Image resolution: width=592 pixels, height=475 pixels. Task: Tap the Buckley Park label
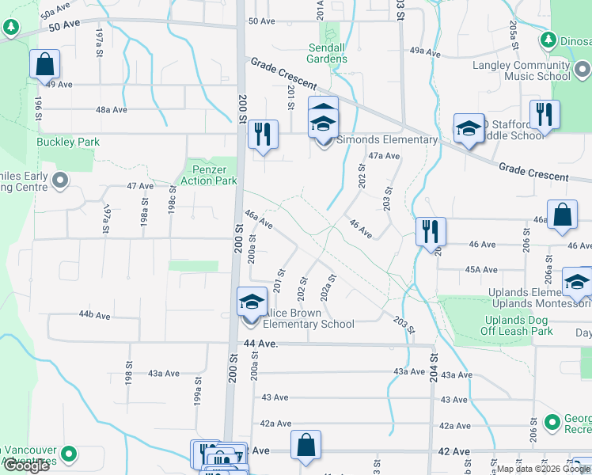[x=56, y=142]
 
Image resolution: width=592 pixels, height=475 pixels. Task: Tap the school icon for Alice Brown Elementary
[x=252, y=302]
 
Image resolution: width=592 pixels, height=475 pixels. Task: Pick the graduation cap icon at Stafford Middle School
[x=469, y=128]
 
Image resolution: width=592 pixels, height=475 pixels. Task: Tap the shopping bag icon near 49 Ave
[x=45, y=65]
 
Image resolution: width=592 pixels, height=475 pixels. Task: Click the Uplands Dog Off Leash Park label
[x=518, y=325]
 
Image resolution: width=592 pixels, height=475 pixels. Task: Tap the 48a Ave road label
[x=112, y=110]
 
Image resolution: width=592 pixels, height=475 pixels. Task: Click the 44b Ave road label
[x=93, y=315]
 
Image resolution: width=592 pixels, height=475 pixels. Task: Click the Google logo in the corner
[x=25, y=465]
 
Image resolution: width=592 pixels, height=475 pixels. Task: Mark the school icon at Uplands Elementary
[x=577, y=283]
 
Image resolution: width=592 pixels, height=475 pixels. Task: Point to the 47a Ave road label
[x=385, y=156]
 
